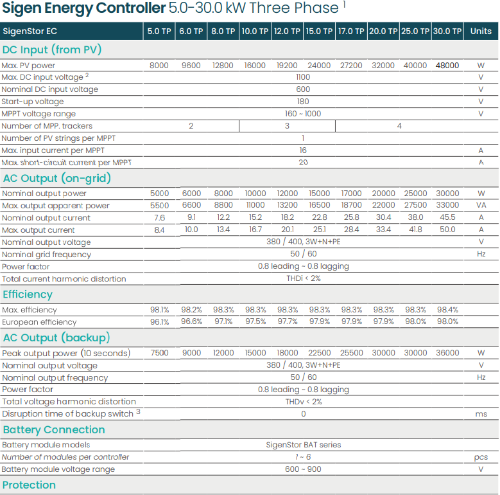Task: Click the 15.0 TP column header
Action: coord(319,31)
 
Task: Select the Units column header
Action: coord(481,31)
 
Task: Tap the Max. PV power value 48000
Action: coord(447,66)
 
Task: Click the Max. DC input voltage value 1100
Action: coord(303,77)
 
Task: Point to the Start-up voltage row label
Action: coord(33,102)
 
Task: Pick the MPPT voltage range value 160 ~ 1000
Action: coord(303,114)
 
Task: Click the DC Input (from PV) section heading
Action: coord(52,50)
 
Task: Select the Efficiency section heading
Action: coord(28,294)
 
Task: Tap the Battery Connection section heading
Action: coord(54,429)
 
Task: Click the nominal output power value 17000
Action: coord(351,194)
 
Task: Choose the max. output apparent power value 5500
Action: coord(159,206)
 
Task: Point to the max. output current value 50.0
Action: coord(447,230)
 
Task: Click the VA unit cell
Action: coord(481,206)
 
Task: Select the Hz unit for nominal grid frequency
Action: coord(481,255)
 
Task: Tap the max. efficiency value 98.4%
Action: coord(447,310)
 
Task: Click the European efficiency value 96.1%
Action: coord(159,322)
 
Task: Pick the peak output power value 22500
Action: coord(319,353)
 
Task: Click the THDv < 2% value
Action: coord(303,402)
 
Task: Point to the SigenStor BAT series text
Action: coord(303,445)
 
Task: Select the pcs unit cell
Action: coord(481,457)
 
